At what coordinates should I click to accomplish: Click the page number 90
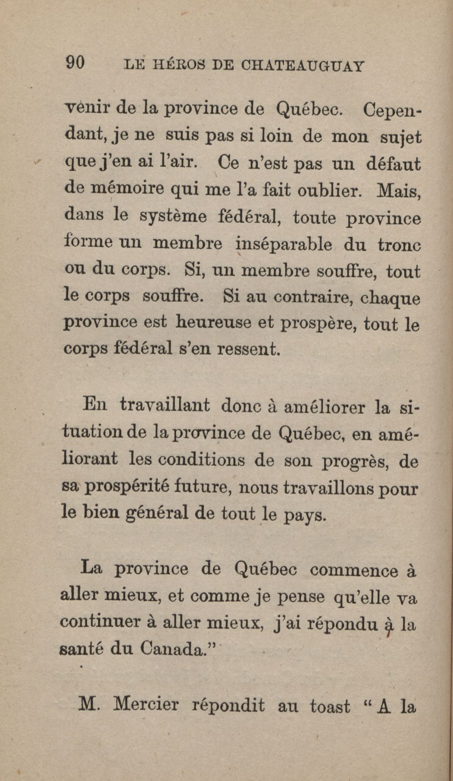tap(75, 63)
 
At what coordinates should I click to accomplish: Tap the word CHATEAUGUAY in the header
tap(303, 66)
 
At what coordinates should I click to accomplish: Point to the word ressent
tap(248, 349)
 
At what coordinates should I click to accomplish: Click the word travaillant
tap(165, 406)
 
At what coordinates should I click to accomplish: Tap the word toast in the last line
tap(330, 706)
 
